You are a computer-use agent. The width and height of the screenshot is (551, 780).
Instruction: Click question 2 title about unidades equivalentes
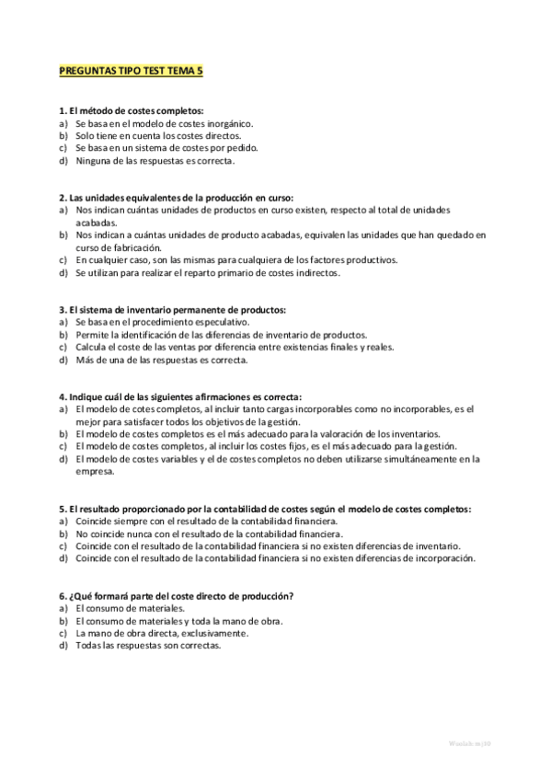[x=176, y=198]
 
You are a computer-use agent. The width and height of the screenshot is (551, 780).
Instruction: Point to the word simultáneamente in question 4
[x=410, y=459]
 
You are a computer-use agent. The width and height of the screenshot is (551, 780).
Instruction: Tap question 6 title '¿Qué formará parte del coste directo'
[x=176, y=596]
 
